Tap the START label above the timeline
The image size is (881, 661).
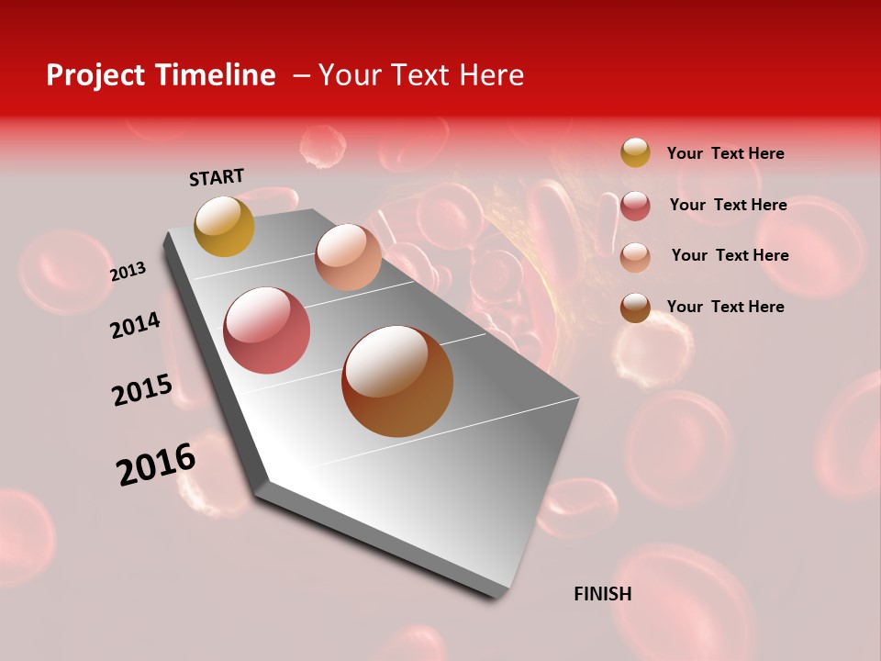click(x=217, y=177)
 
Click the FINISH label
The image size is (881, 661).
click(x=602, y=594)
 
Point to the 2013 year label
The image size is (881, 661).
click(x=128, y=272)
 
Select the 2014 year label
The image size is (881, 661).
click(x=135, y=326)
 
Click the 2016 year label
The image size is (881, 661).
click(x=156, y=464)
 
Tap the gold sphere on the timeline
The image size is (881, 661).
click(x=224, y=227)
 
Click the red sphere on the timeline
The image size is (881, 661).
click(x=267, y=330)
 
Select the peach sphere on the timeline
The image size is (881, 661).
click(x=348, y=257)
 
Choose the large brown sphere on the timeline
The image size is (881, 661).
click(x=397, y=380)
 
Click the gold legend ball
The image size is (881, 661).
click(x=635, y=152)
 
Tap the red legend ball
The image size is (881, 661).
click(x=635, y=206)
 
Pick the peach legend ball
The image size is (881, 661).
click(x=635, y=257)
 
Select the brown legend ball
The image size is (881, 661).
click(x=635, y=308)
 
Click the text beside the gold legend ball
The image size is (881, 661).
click(x=725, y=153)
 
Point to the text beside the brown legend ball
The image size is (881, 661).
click(x=725, y=307)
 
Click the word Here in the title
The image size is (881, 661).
click(x=491, y=75)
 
